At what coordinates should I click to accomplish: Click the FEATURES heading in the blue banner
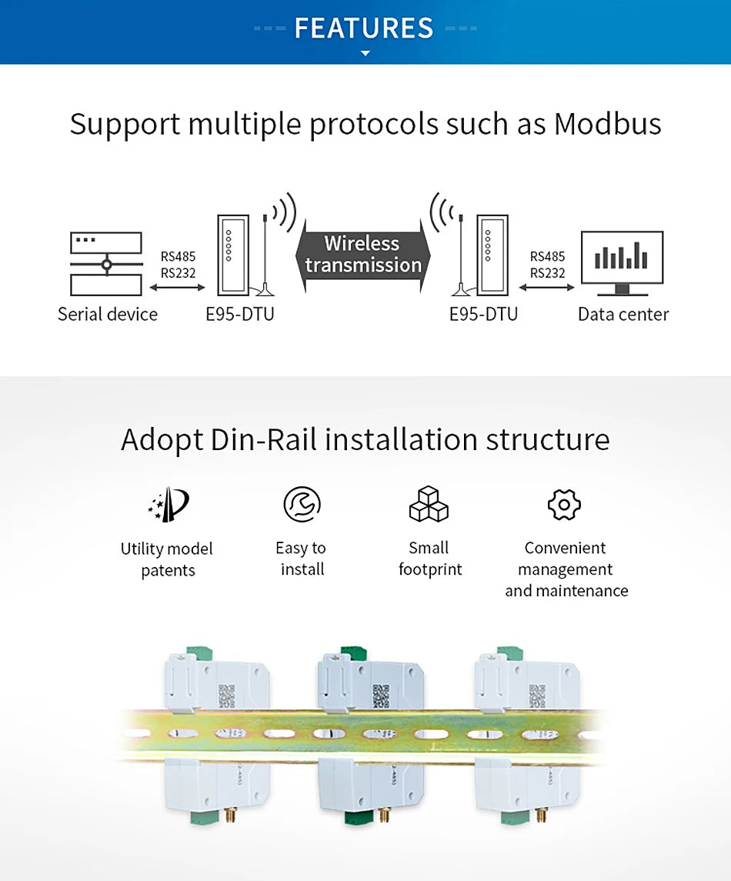click(364, 28)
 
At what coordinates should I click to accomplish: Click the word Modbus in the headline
click(607, 124)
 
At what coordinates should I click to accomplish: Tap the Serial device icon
click(106, 264)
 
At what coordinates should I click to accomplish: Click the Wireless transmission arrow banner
click(362, 255)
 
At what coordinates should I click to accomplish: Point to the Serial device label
click(108, 314)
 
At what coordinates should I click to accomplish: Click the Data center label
click(623, 314)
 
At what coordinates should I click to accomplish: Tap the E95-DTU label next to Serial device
click(240, 314)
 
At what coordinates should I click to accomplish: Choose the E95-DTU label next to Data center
click(483, 314)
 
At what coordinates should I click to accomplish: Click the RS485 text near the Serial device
click(179, 257)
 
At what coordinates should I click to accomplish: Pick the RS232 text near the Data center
click(547, 273)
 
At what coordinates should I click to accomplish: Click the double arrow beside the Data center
click(547, 288)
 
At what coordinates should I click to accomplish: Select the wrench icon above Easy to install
click(302, 505)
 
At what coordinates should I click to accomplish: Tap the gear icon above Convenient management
click(564, 505)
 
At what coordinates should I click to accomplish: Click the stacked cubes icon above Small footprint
click(429, 505)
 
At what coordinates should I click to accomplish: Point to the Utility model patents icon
click(168, 505)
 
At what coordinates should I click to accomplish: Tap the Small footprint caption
click(429, 559)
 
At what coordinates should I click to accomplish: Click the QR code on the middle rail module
click(381, 695)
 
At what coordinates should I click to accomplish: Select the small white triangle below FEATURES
click(365, 54)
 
